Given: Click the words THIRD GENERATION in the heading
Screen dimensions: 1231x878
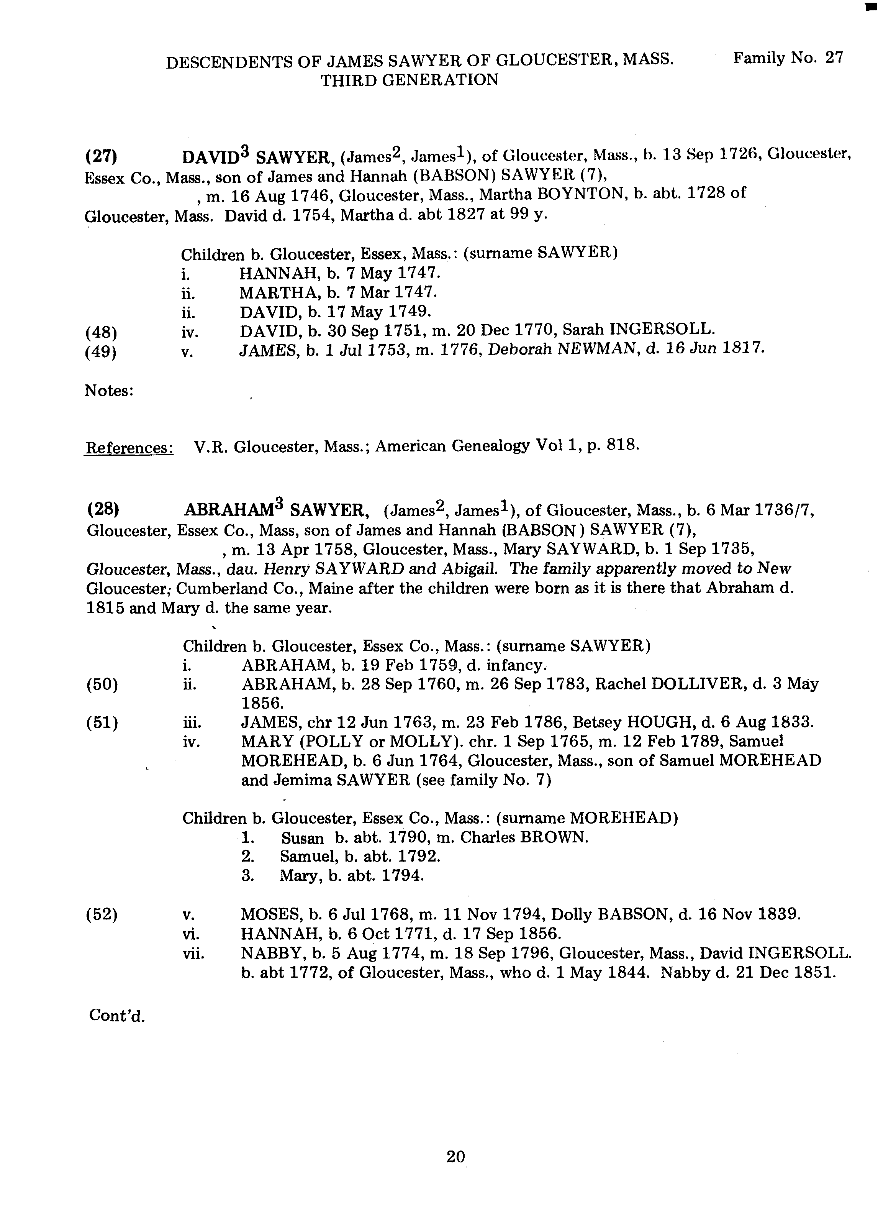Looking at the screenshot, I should pos(409,80).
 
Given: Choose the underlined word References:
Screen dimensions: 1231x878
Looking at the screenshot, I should pos(129,448).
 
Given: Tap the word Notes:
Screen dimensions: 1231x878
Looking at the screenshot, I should pos(109,391).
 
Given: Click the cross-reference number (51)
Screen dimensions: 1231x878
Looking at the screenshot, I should pos(102,722).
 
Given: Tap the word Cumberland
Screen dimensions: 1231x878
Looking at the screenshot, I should pos(221,588).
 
